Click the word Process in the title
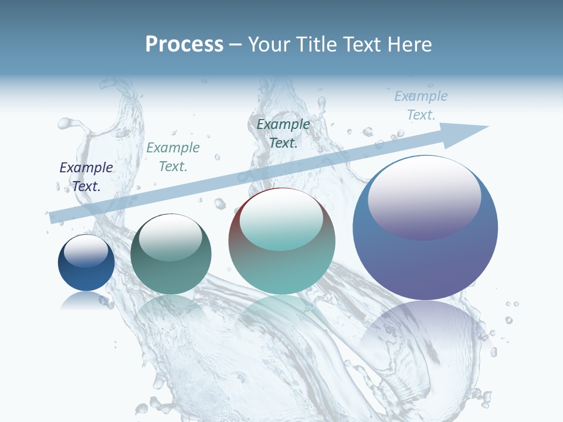point(184,45)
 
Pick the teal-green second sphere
point(171,258)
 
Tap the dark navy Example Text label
point(86,176)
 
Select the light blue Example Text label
point(421,105)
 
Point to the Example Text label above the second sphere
point(173,157)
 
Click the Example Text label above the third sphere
point(283,133)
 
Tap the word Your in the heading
point(270,45)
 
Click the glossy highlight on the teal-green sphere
point(171,237)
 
